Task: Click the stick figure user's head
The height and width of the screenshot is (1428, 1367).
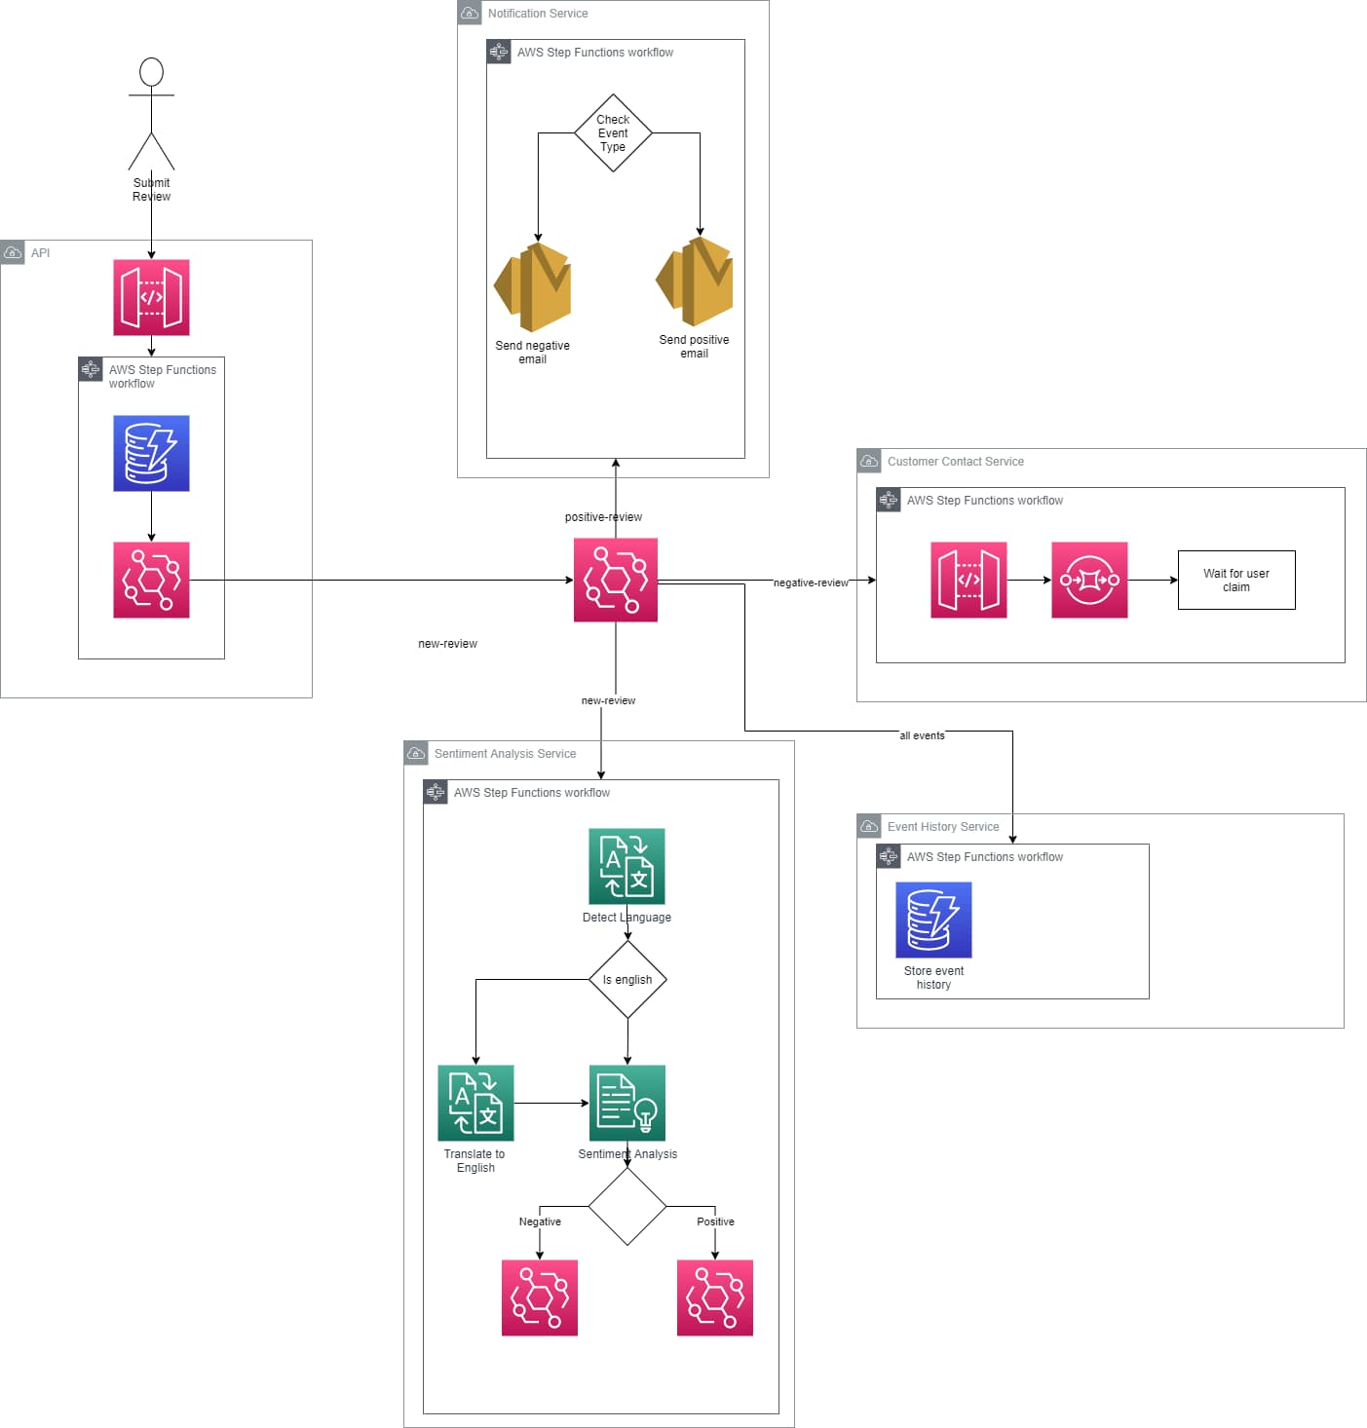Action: pyautogui.click(x=151, y=72)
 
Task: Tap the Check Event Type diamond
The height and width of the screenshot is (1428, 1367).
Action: pyautogui.click(x=613, y=133)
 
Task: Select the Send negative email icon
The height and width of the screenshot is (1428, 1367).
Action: pyautogui.click(x=533, y=287)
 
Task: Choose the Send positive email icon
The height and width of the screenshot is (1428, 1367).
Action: pyautogui.click(x=695, y=282)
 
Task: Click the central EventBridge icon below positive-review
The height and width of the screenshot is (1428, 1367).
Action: pyautogui.click(x=616, y=580)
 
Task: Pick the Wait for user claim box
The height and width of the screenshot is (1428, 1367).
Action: pyautogui.click(x=1236, y=581)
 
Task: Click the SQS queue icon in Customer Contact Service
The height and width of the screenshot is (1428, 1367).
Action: pyautogui.click(x=1089, y=580)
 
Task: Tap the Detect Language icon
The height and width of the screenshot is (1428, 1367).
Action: pyautogui.click(x=627, y=866)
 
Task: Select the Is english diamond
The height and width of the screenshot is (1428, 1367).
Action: pyautogui.click(x=627, y=980)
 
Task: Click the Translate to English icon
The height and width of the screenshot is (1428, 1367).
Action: pyautogui.click(x=475, y=1103)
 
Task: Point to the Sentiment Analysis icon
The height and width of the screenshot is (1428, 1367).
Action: pyautogui.click(x=627, y=1103)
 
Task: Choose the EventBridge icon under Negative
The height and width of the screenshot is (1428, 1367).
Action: pyautogui.click(x=540, y=1297)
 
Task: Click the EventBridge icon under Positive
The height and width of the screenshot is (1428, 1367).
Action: pyautogui.click(x=715, y=1297)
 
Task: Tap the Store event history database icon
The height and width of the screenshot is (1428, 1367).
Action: pyautogui.click(x=933, y=920)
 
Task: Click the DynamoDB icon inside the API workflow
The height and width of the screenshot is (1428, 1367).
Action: pyautogui.click(x=151, y=453)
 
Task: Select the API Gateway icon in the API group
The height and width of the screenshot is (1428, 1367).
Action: pyautogui.click(x=151, y=297)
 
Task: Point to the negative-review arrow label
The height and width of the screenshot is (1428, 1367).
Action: pyautogui.click(x=811, y=582)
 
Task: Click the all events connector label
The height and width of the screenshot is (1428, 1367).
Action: pyautogui.click(x=922, y=735)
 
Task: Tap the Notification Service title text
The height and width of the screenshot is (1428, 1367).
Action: pyautogui.click(x=538, y=14)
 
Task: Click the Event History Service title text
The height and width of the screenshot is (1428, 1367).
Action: pyautogui.click(x=943, y=827)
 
